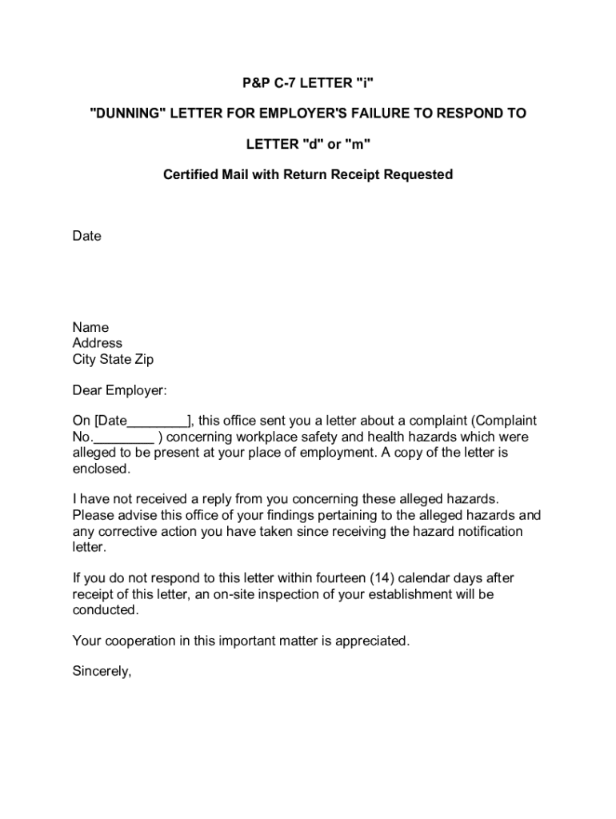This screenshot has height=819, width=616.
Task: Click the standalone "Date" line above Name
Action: point(86,236)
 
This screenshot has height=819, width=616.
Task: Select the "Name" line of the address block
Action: point(90,327)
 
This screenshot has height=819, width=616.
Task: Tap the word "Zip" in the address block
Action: point(142,359)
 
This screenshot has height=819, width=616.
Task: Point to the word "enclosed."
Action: point(101,469)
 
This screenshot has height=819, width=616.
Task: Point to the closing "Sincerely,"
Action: point(102,671)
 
